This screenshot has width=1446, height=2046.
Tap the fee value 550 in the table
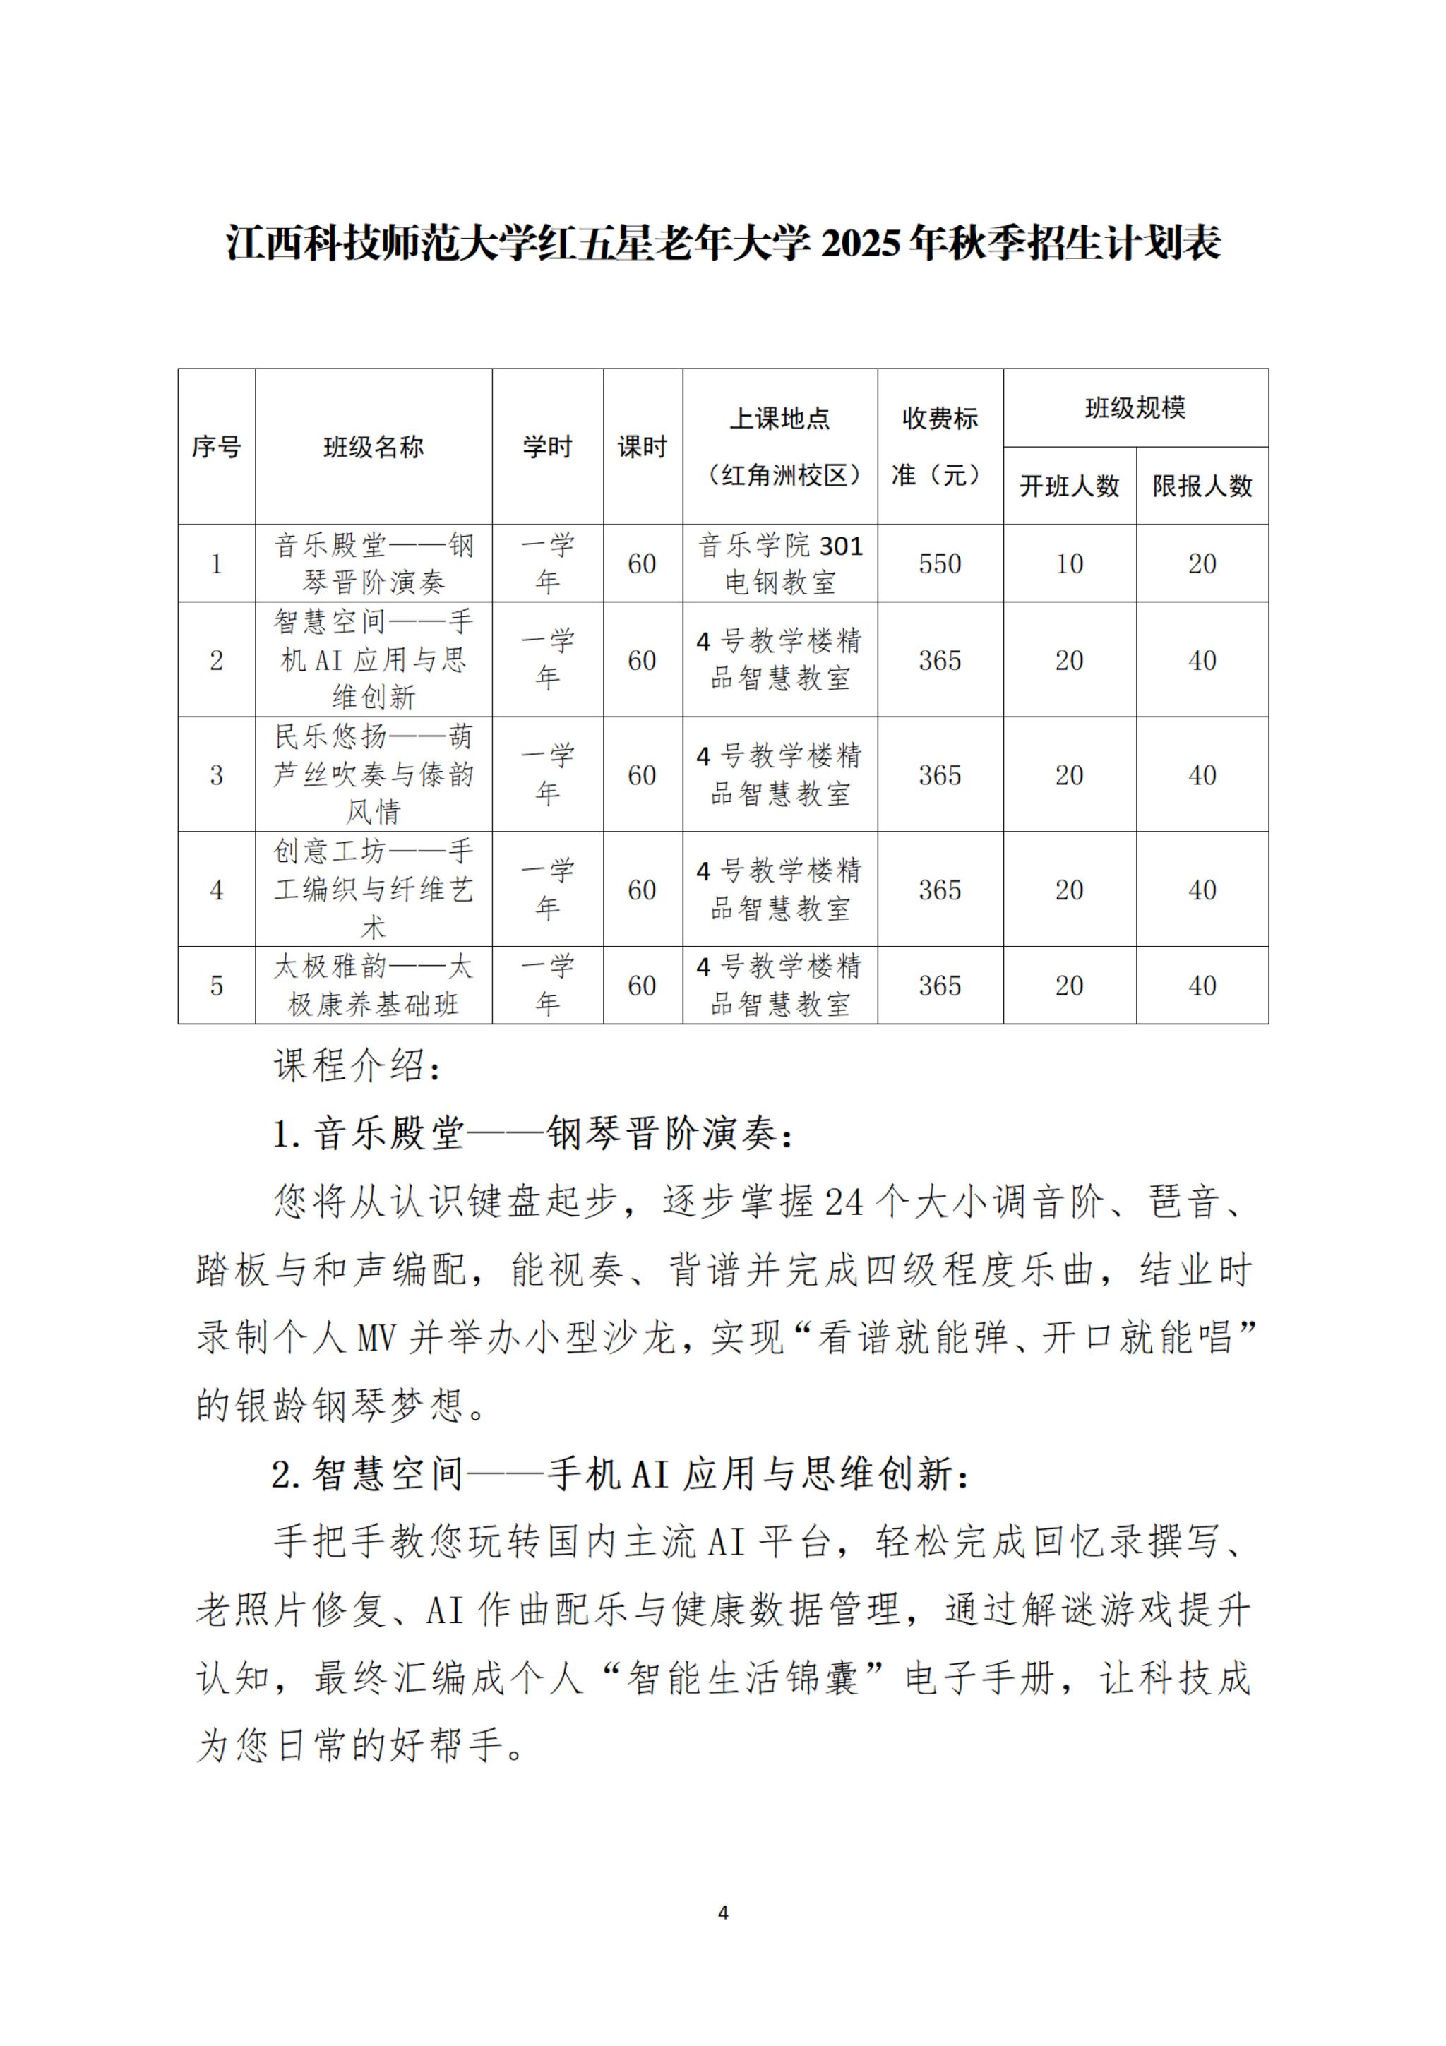coord(940,564)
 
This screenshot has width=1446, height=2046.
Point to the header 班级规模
coord(1135,409)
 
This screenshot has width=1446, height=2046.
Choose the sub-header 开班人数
coord(1069,486)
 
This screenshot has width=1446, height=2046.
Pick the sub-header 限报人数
coord(1202,486)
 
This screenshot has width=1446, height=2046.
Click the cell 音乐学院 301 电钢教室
coord(779,564)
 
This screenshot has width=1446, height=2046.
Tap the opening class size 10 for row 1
coord(1069,564)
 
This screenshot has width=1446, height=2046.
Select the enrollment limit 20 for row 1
coord(1202,564)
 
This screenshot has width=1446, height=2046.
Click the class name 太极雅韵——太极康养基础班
coord(374,986)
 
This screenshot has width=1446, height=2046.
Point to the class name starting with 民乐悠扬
coord(374,774)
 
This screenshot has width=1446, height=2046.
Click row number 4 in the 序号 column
coord(217,890)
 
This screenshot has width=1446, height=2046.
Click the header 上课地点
coord(779,419)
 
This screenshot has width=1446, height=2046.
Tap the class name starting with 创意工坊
coord(374,890)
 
